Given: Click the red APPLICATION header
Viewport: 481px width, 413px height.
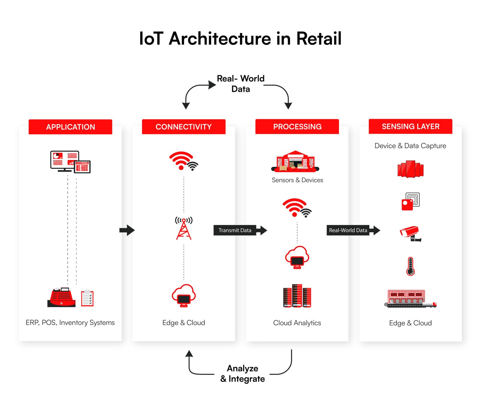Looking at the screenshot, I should (x=70, y=127).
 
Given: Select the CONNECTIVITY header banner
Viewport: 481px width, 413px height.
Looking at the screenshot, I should (x=184, y=127).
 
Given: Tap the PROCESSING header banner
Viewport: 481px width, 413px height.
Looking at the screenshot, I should (x=297, y=126).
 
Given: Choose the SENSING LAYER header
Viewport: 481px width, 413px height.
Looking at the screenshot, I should (x=410, y=126).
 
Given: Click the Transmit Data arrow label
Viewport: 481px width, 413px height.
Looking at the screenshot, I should (x=235, y=230).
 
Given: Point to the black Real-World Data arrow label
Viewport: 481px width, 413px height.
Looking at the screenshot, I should (x=348, y=230).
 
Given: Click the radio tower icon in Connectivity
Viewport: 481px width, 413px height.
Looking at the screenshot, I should (x=184, y=228).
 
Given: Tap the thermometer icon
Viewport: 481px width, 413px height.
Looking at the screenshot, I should (x=410, y=266).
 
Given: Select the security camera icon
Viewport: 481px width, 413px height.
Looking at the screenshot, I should (x=410, y=234).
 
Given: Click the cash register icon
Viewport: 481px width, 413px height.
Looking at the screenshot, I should (x=62, y=297).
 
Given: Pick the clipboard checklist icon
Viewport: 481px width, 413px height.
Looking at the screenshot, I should (x=87, y=298).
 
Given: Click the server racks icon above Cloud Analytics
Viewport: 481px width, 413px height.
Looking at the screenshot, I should (x=297, y=296).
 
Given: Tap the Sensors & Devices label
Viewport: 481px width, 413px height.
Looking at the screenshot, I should (x=297, y=180).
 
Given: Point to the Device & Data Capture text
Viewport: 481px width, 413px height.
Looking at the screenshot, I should (x=410, y=146).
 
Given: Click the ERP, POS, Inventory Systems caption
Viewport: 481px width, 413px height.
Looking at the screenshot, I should (x=70, y=323).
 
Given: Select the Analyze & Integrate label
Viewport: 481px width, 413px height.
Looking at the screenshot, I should (x=243, y=374).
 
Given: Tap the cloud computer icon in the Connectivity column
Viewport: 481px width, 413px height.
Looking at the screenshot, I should (x=184, y=295).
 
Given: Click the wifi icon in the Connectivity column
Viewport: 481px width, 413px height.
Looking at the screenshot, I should (x=183, y=161).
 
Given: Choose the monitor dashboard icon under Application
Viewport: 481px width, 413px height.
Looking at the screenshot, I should (x=70, y=162).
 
